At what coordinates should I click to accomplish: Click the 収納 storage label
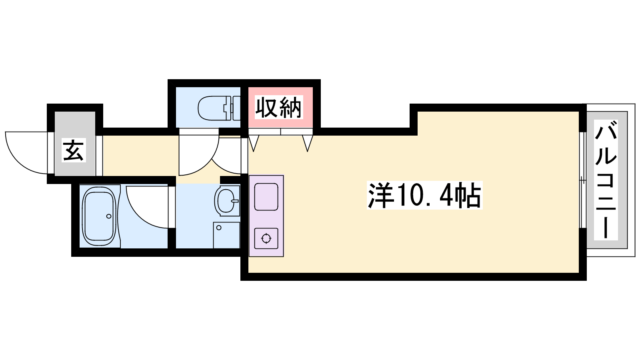[x=279, y=108]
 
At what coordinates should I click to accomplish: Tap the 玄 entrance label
[x=74, y=150]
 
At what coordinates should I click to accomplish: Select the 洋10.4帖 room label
[x=424, y=196]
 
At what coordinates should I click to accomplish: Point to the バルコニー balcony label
[x=606, y=180]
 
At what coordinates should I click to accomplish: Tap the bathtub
[x=99, y=216]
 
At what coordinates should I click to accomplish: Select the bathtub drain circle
[x=109, y=216]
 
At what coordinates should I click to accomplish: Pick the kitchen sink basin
[x=266, y=197]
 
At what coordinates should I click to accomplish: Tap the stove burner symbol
[x=266, y=238]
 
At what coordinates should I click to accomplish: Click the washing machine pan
[x=226, y=235]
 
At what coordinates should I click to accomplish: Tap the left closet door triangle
[x=254, y=143]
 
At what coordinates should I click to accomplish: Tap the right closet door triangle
[x=308, y=143]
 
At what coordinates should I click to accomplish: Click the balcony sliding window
[x=582, y=180]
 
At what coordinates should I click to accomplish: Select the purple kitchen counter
[x=266, y=216]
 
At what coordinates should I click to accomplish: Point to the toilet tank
[x=236, y=108]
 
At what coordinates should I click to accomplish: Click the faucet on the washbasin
[x=235, y=201]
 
